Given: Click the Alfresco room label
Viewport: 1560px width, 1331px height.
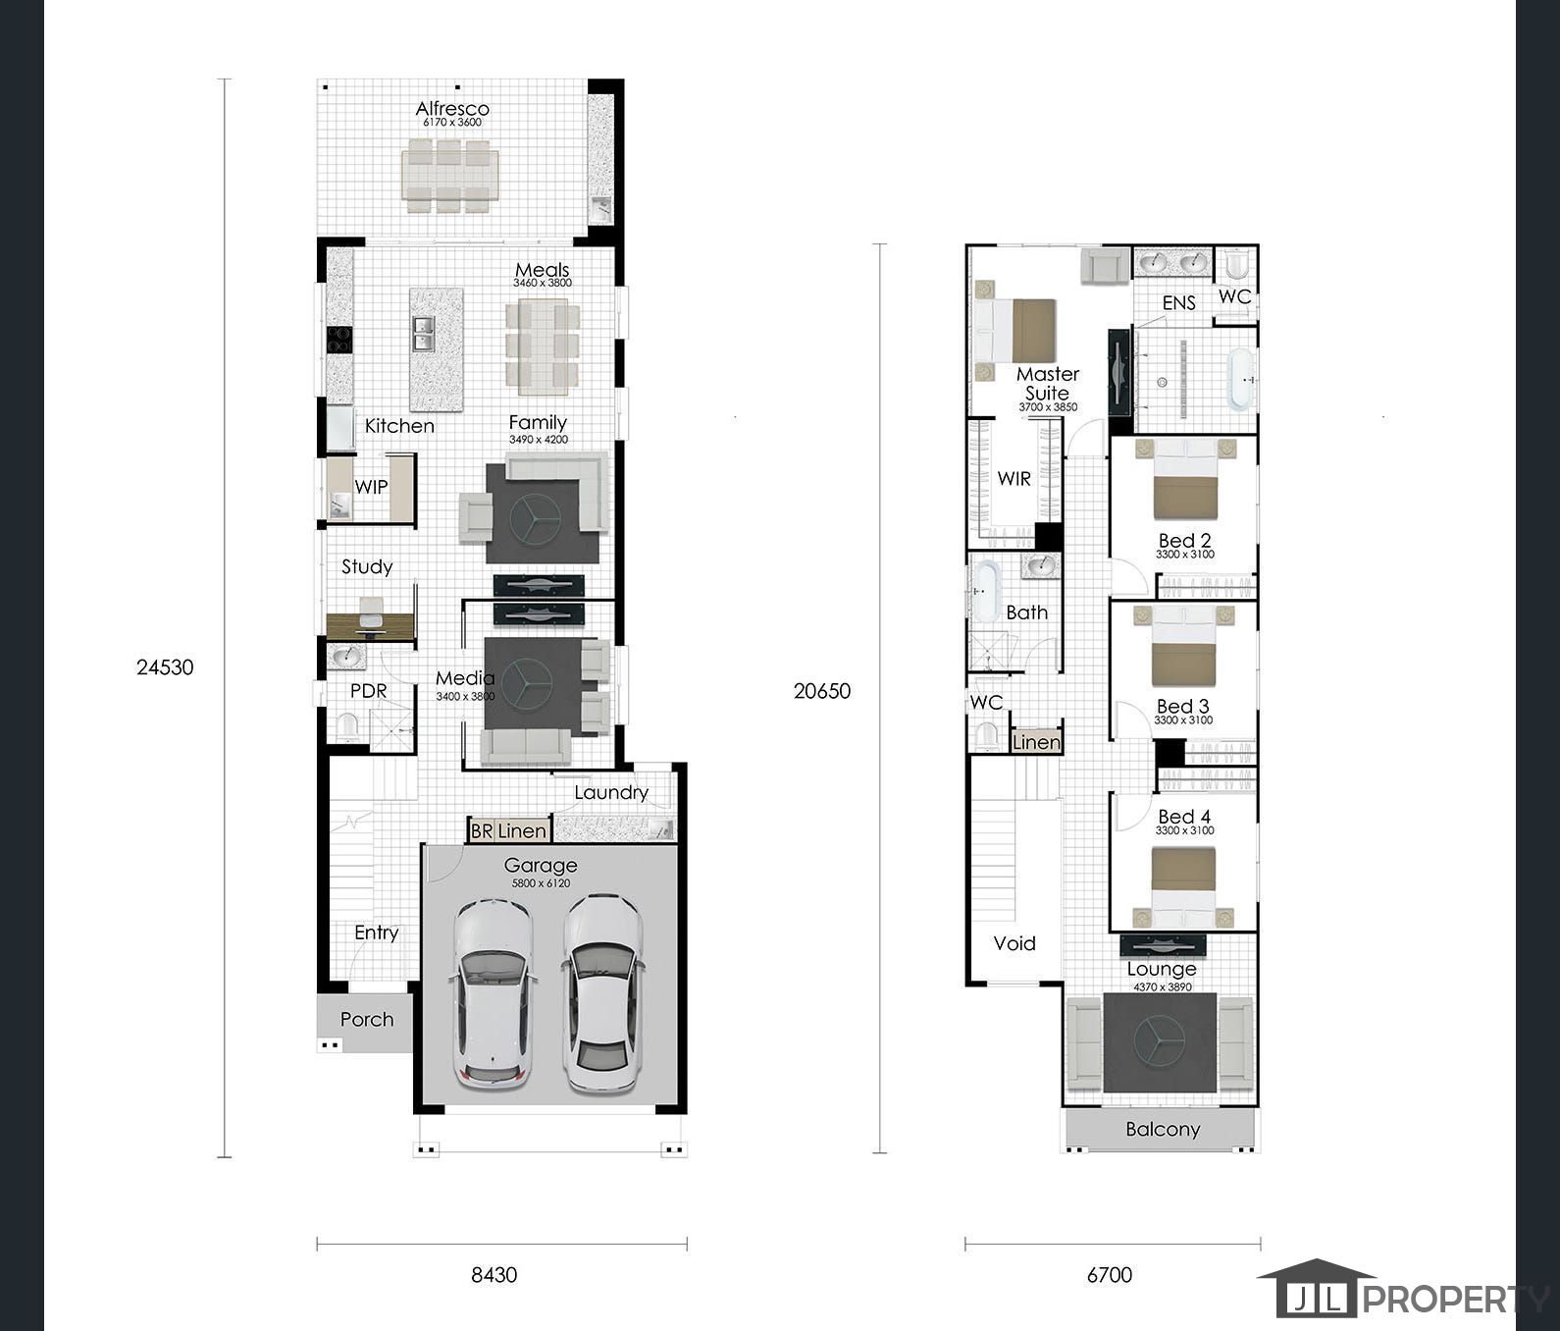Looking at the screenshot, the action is (x=452, y=108).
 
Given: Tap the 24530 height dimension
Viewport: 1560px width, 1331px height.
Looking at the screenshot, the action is (x=165, y=667).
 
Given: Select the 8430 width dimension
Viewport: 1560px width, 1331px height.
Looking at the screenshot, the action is (x=494, y=1275).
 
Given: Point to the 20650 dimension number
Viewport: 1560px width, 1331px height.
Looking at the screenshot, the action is (x=822, y=691).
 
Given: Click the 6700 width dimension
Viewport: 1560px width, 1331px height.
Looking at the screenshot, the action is (x=1110, y=1275).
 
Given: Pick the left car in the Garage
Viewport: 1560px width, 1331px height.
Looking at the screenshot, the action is (x=494, y=991).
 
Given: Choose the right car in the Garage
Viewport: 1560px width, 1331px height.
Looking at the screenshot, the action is (x=603, y=991).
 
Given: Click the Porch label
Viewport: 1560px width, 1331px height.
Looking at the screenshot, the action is (x=367, y=1020).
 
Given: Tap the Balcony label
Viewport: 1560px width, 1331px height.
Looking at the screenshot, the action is (x=1163, y=1130).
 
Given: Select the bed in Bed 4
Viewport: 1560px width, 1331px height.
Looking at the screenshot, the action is (x=1183, y=886).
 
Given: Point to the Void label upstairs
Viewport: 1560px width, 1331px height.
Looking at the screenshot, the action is (x=1014, y=943).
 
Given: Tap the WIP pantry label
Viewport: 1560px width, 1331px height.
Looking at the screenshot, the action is (x=371, y=487).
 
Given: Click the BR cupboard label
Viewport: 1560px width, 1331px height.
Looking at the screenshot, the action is (x=482, y=831).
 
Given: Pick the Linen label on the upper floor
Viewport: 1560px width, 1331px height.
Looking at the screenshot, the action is (x=1037, y=742).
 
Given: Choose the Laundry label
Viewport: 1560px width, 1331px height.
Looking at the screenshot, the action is (x=611, y=792).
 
